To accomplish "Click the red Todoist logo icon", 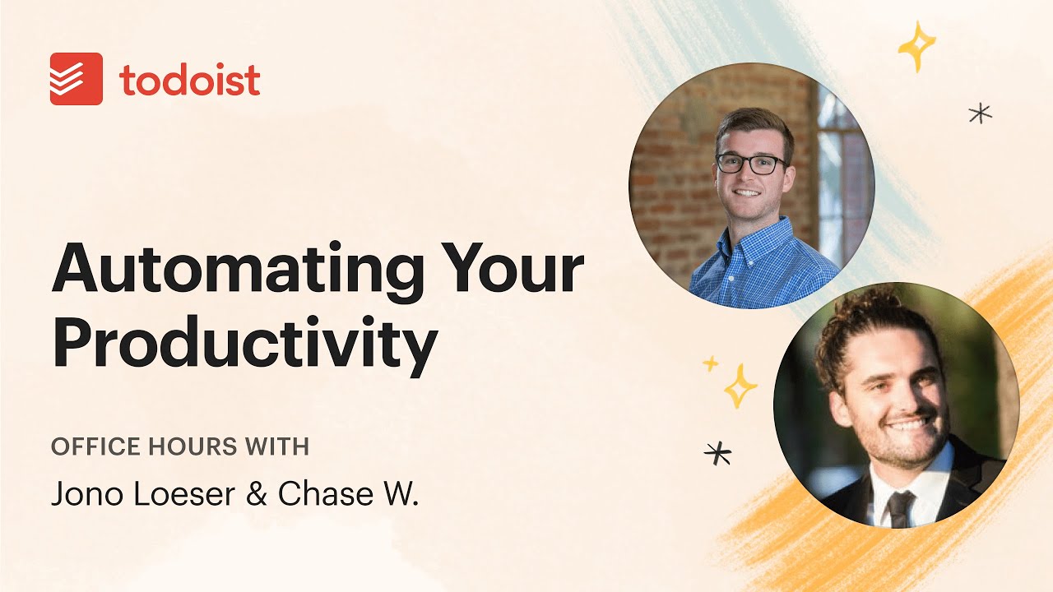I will tap(77, 79).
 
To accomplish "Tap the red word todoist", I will tap(190, 80).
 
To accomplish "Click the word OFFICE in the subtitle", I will tap(90, 446).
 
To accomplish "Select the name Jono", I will tap(83, 493).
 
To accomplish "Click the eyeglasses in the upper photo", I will tap(750, 163).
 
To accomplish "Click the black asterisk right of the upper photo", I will tap(980, 113).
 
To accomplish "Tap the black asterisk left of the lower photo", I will tap(718, 452).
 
